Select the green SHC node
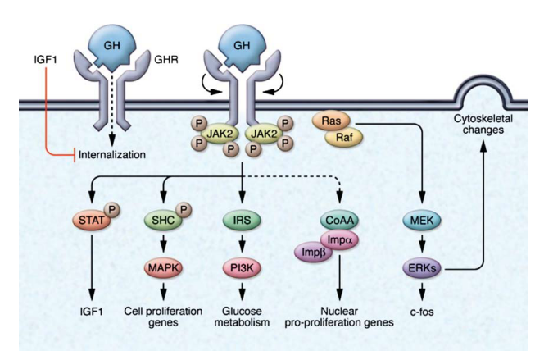164,221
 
